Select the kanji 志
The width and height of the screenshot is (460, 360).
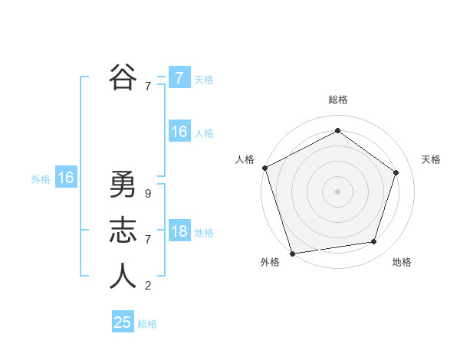tap(123, 231)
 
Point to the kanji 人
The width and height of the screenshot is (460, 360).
tap(123, 277)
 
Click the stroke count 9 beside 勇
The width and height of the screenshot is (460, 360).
tap(147, 194)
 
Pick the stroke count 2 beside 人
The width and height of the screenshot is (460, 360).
tap(147, 286)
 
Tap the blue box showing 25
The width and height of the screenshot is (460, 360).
tap(123, 322)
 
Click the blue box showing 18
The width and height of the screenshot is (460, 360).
tap(179, 232)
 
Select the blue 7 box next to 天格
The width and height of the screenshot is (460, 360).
tap(179, 78)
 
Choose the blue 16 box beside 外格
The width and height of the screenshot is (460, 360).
tap(66, 178)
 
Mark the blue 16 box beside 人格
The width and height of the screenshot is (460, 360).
tap(179, 133)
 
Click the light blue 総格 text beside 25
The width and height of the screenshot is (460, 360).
tap(147, 324)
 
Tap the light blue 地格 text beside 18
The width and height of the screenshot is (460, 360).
tap(204, 233)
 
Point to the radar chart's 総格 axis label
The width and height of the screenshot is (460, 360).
tap(337, 100)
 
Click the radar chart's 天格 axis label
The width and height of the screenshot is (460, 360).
tap(431, 159)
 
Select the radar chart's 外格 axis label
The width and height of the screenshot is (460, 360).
tap(270, 262)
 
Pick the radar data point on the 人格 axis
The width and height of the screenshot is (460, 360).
tap(264, 168)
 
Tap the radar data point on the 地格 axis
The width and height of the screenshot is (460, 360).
tap(374, 242)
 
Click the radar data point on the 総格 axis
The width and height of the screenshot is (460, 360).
tap(337, 131)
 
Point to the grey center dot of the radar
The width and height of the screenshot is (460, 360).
tap(337, 191)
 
